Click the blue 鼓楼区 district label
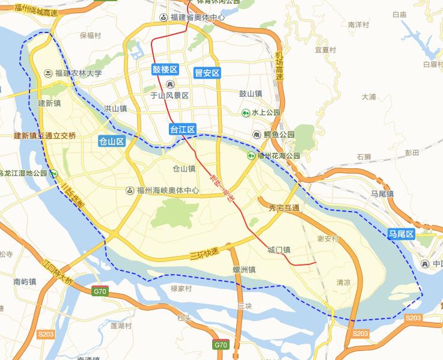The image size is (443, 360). click(x=165, y=69)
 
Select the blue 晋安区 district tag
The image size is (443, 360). click(x=207, y=73)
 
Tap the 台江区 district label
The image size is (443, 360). click(x=183, y=129)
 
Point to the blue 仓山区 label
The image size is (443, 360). click(x=112, y=141)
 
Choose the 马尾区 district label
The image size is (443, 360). click(x=401, y=234)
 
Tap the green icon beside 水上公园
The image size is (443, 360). click(x=246, y=112)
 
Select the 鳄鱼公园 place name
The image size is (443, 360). click(x=278, y=134)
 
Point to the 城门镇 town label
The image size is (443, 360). click(x=279, y=249)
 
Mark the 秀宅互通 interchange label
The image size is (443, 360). click(x=284, y=207)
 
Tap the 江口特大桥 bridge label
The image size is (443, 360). click(x=58, y=272)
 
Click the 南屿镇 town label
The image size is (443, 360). click(x=25, y=281)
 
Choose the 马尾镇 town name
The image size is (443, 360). click(x=382, y=194)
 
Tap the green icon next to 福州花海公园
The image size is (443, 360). click(x=252, y=156)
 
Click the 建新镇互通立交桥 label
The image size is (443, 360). click(x=45, y=136)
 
